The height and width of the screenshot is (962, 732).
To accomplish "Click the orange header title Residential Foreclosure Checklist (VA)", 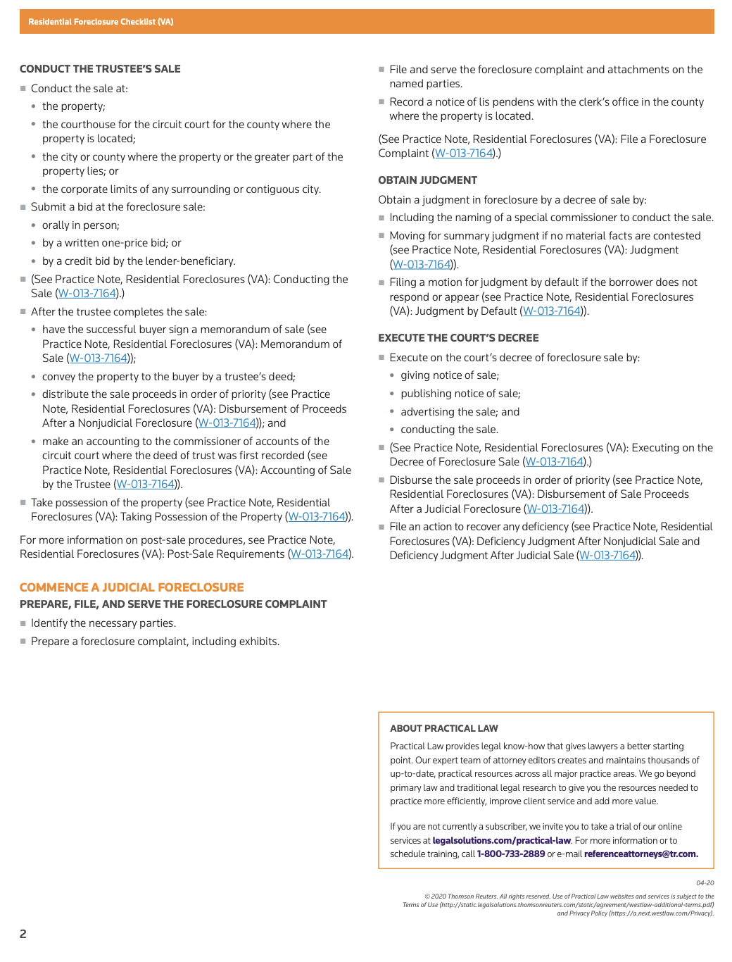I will coord(101,22).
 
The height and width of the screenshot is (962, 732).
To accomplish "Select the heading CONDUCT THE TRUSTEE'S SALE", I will coord(100,69).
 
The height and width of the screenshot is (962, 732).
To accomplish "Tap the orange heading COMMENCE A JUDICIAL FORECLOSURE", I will coord(132,587).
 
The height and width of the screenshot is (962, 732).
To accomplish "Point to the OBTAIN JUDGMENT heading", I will coord(427,180).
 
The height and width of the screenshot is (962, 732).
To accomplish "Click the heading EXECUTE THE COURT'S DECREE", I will coord(458,338).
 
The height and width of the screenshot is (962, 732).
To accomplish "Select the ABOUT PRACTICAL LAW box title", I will coord(443,728).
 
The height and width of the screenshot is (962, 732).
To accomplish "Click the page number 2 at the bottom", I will coord(23,934).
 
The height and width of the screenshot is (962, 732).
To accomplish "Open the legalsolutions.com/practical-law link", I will coord(501,840).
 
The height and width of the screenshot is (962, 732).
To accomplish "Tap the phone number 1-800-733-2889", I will coord(511,854).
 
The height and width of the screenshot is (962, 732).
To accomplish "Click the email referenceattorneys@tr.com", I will coord(640,854).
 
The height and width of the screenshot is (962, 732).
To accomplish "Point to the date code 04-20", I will coord(705,883).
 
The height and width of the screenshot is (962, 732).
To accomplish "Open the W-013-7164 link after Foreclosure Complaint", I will coord(465,154).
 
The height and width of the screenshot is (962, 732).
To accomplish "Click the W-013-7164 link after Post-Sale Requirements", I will coord(320,554).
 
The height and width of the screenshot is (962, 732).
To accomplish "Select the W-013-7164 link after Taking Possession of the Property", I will coord(317,517).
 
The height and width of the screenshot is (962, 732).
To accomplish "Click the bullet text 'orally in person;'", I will coord(80,225).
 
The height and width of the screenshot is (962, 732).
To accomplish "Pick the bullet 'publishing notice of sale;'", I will coord(460,394).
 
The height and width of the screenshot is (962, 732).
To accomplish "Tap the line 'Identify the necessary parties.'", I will coord(103,623).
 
